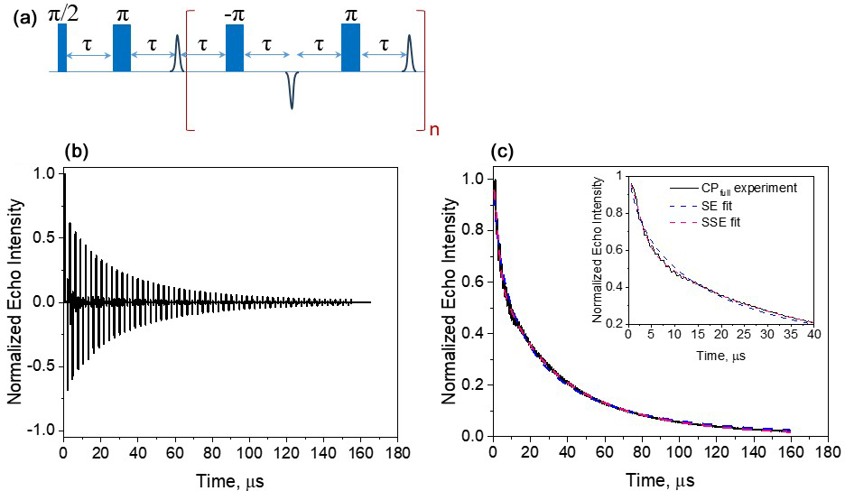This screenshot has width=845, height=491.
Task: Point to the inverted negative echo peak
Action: pyautogui.click(x=292, y=90)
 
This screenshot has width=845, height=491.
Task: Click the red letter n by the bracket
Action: pyautogui.click(x=434, y=129)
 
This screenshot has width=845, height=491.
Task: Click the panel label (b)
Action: pyautogui.click(x=78, y=151)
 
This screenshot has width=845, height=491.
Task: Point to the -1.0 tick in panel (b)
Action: pyautogui.click(x=42, y=429)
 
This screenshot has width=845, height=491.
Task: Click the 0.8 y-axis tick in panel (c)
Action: pyautogui.click(x=473, y=230)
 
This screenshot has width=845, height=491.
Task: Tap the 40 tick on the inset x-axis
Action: pyautogui.click(x=813, y=335)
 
